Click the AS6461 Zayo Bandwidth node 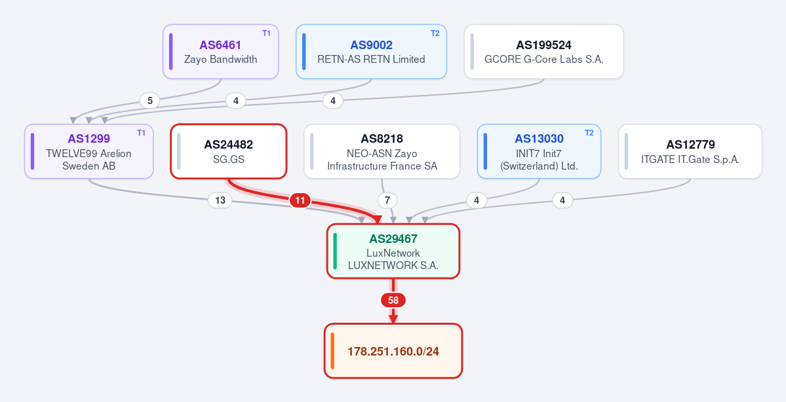click(220, 52)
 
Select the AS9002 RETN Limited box click(371, 52)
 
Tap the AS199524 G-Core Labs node click(544, 52)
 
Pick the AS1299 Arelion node click(88, 151)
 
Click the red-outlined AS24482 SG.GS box click(229, 151)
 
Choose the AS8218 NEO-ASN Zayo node click(382, 151)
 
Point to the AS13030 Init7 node click(539, 151)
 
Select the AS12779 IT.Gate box click(690, 151)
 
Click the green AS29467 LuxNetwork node click(393, 251)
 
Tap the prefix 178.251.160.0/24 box click(393, 351)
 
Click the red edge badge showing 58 click(393, 301)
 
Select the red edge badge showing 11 click(300, 201)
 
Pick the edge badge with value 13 click(220, 201)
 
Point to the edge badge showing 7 click(387, 201)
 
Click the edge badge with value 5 click(150, 101)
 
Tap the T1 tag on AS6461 click(266, 33)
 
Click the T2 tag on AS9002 click(435, 33)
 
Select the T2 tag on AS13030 click(589, 133)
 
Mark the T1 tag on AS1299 click(142, 133)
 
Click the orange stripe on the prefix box click(333, 351)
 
